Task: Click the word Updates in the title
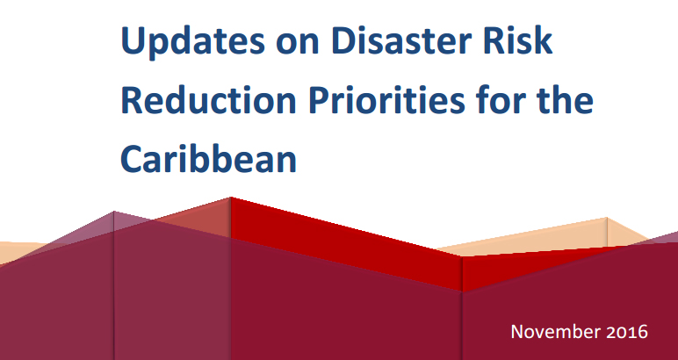click(193, 41)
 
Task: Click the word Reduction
click(208, 99)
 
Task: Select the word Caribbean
click(208, 159)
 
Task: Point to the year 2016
click(627, 332)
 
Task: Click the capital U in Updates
click(133, 40)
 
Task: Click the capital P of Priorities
click(319, 100)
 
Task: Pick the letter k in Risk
click(544, 40)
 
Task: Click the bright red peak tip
click(230, 198)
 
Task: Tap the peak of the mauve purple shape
click(114, 212)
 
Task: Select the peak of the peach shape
click(607, 218)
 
